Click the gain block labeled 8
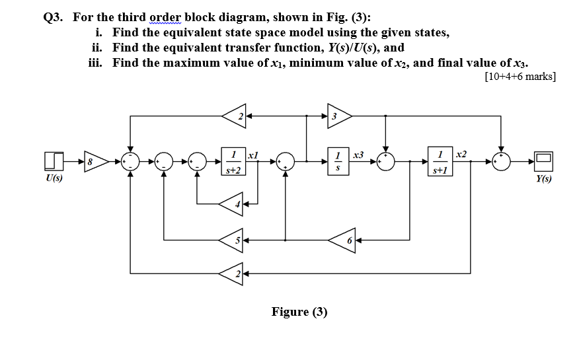[x=94, y=160]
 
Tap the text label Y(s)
[x=544, y=178]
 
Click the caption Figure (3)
[x=299, y=311]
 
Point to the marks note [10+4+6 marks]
[x=520, y=76]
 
